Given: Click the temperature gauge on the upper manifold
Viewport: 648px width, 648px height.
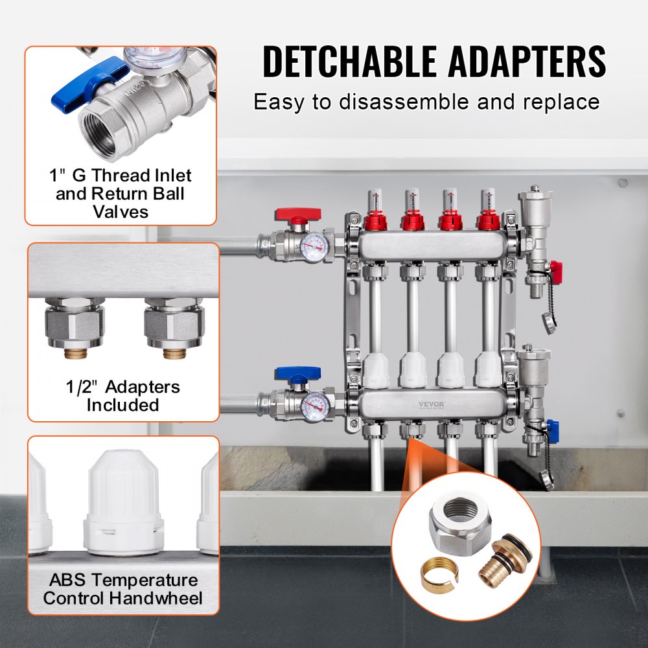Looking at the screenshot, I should [x=314, y=246].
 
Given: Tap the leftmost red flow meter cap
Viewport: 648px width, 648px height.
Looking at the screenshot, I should [x=374, y=222].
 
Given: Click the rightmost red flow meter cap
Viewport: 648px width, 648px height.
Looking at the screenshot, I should [x=489, y=222].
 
